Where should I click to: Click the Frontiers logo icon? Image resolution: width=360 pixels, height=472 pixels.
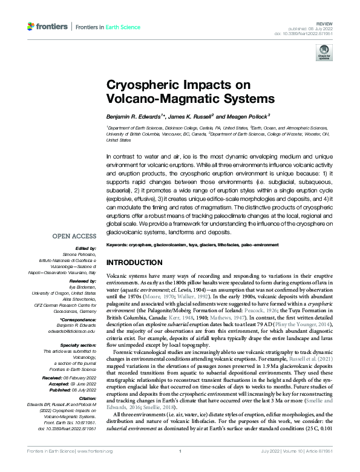coord(31,27)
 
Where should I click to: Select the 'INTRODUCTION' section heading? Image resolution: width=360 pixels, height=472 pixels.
coord(136,263)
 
